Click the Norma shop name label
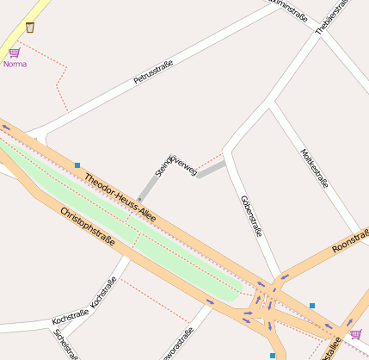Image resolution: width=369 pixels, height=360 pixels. (15, 64)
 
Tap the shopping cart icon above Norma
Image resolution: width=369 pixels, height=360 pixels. (14, 53)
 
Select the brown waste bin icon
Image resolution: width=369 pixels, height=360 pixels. (30, 28)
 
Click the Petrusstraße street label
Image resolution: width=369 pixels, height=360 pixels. (154, 71)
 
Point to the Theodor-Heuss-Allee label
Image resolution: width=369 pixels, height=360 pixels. (120, 198)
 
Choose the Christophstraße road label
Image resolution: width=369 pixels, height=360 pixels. (87, 227)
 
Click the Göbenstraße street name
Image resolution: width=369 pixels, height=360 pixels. (250, 215)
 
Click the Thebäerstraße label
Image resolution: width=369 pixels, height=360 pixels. (333, 16)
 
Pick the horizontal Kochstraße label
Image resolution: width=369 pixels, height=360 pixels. (70, 320)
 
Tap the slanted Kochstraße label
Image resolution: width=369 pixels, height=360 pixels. (103, 293)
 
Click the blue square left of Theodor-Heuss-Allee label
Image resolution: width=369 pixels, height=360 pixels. (77, 164)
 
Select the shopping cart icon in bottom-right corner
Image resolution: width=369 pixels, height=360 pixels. (355, 334)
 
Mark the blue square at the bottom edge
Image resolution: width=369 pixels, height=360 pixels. (273, 355)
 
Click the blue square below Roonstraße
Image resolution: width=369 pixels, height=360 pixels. (312, 306)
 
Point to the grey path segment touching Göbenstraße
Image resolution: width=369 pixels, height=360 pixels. (211, 169)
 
